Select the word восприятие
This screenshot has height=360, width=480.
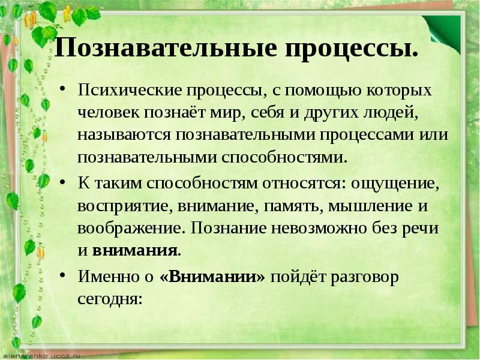122,206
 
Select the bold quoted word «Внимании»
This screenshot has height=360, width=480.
212,277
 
